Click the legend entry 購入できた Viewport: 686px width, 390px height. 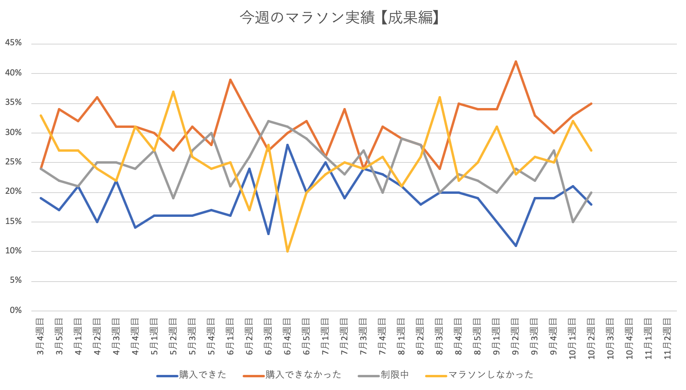(202, 375)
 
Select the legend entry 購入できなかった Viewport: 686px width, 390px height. (303, 375)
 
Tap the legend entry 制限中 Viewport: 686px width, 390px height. (394, 375)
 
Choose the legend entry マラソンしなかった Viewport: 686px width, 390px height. (491, 375)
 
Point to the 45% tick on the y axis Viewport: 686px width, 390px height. (13, 43)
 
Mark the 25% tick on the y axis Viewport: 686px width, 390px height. (13, 162)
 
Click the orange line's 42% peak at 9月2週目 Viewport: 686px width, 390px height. (515, 62)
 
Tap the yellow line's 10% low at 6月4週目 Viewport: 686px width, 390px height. (287, 251)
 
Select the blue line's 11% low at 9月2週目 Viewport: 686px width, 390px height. (515, 246)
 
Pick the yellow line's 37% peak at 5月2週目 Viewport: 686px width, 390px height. (173, 92)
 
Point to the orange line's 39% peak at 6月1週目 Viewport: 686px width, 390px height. (230, 80)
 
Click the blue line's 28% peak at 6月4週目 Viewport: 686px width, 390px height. (287, 145)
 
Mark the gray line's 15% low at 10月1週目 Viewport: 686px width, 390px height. (573, 222)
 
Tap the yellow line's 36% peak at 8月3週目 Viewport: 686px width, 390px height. (440, 97)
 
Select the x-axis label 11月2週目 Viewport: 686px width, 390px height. (668, 338)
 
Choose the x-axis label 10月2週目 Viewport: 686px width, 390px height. (592, 338)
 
